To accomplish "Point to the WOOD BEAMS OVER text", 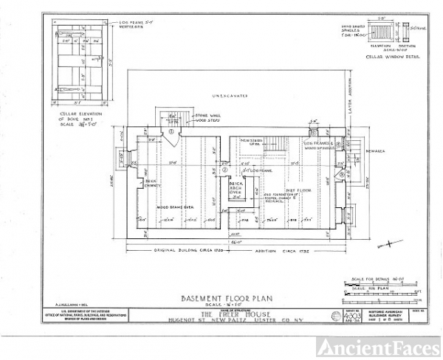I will pos(174,209).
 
